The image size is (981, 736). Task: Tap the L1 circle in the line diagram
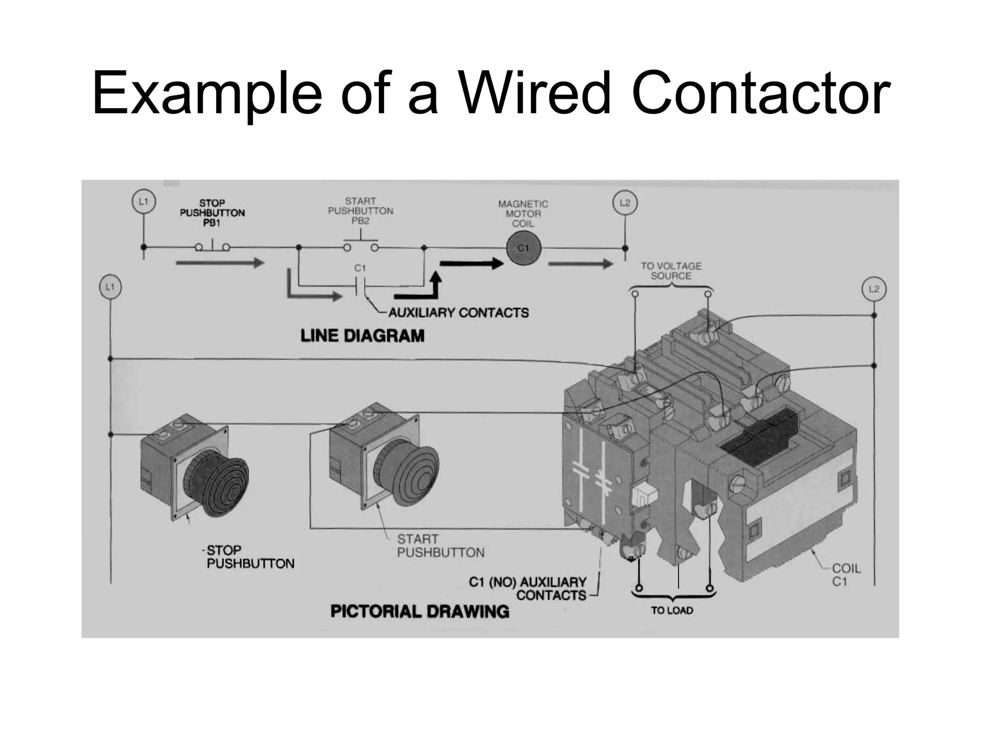tap(143, 202)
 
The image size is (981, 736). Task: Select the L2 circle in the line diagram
tap(625, 203)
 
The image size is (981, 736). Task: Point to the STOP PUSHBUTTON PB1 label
tap(212, 213)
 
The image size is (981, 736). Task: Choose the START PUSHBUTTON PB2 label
tap(361, 211)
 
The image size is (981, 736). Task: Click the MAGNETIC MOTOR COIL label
tap(523, 214)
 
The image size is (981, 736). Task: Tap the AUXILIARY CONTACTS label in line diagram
tap(458, 313)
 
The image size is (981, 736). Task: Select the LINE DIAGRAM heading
tap(362, 336)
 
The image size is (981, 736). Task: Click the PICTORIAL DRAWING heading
tap(420, 611)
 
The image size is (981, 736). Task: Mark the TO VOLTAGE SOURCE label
tap(671, 271)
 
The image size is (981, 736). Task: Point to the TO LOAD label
tap(672, 610)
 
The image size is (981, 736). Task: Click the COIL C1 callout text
tap(846, 575)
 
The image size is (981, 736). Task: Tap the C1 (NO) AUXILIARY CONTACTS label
tap(528, 589)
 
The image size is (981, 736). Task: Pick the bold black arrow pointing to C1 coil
tap(471, 263)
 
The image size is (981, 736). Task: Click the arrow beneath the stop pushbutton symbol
tap(220, 263)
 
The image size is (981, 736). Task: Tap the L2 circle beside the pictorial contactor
tap(874, 289)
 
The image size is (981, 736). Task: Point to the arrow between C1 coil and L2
tap(580, 264)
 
